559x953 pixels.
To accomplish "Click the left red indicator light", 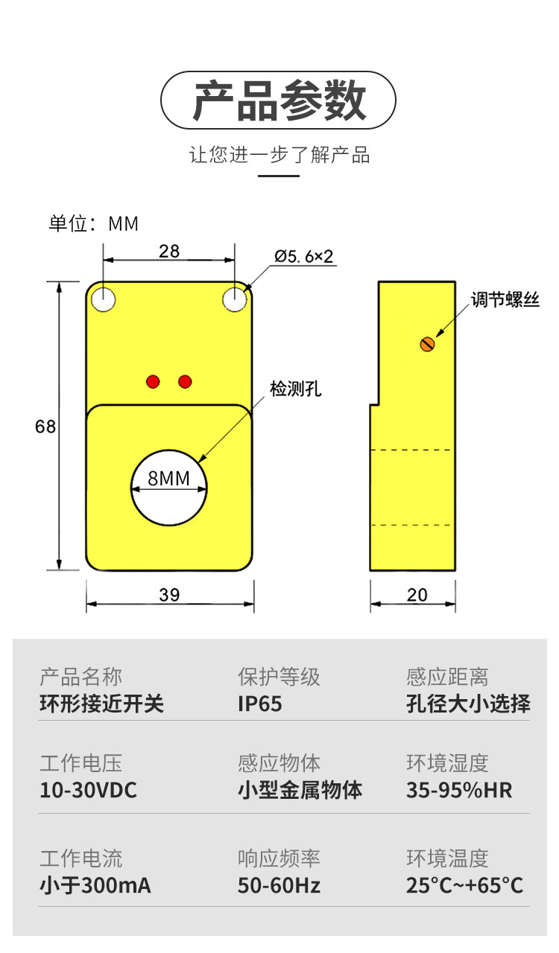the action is click(x=154, y=381).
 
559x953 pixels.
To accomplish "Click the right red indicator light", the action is click(x=185, y=381).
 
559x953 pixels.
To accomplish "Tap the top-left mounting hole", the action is click(x=104, y=299).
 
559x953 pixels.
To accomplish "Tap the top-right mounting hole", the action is click(x=235, y=299).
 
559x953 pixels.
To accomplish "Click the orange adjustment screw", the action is click(x=426, y=343).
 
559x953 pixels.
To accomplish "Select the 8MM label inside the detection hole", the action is click(x=169, y=478).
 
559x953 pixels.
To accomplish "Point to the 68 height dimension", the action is click(x=45, y=427).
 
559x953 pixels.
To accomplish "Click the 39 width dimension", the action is click(x=170, y=594).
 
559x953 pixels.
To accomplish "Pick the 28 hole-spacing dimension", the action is click(x=169, y=251).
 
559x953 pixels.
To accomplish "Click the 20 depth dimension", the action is click(x=417, y=594).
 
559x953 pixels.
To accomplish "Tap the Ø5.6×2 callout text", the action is click(x=304, y=257).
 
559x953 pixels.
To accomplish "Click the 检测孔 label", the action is click(x=296, y=389).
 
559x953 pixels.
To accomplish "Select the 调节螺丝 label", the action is click(x=505, y=300).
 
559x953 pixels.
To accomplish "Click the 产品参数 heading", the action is click(x=279, y=101).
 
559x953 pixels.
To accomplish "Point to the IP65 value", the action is click(x=260, y=704).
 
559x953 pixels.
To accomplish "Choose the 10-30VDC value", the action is click(x=88, y=790).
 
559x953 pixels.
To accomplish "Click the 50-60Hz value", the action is click(x=279, y=885).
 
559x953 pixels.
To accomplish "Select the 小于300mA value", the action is click(x=95, y=885).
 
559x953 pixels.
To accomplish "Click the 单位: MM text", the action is click(x=94, y=223).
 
